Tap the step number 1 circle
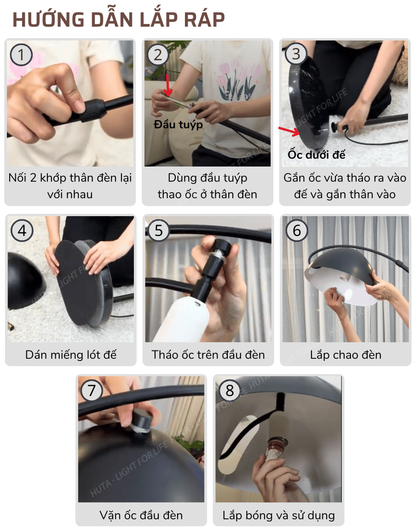click(21, 55)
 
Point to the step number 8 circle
click(230, 390)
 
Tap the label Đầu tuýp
click(178, 125)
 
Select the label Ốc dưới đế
click(316, 155)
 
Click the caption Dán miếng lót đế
click(71, 355)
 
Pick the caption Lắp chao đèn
click(345, 355)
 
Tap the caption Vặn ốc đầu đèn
click(141, 515)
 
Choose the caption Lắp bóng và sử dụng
click(278, 515)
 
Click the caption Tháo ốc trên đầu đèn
click(208, 355)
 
